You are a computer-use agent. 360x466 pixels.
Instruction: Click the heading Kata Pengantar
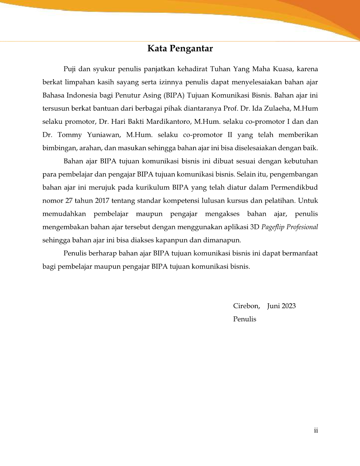(x=180, y=49)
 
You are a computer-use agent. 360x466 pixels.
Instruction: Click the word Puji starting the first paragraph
(x=69, y=69)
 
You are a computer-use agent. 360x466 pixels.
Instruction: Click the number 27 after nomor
(x=69, y=200)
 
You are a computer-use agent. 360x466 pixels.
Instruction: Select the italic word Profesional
(x=302, y=227)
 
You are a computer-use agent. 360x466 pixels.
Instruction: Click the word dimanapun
(x=222, y=240)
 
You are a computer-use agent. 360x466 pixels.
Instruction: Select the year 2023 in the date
(x=289, y=306)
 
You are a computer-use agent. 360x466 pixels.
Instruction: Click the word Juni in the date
(x=274, y=306)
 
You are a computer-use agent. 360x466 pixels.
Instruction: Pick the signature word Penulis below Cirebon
(x=245, y=319)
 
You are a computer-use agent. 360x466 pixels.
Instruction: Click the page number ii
(x=316, y=430)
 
